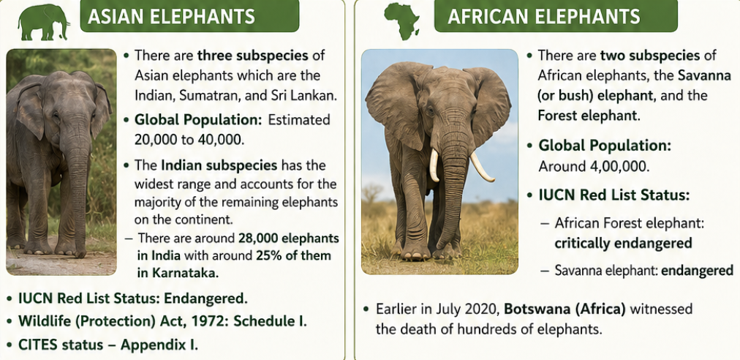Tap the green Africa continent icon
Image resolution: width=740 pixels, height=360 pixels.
[x=401, y=21]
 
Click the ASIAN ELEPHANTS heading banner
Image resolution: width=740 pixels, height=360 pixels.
[x=189, y=16]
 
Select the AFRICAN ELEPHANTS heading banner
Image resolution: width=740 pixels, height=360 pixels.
[x=556, y=16]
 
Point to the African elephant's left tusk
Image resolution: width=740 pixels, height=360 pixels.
[x=434, y=165]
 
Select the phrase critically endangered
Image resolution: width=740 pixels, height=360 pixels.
[x=623, y=244]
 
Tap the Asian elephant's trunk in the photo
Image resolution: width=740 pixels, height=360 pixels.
[x=77, y=189]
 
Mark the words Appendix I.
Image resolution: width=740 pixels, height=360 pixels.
[x=159, y=345]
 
